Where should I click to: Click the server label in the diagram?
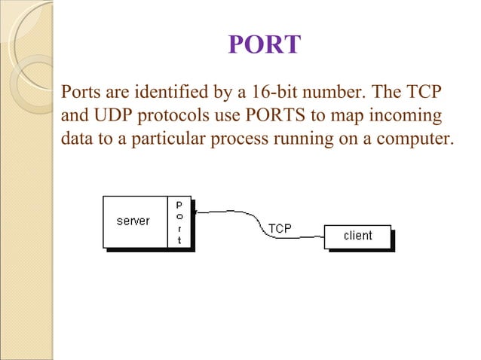tap(133, 221)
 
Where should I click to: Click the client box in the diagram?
tap(358, 236)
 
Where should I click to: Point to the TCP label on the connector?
tap(280, 227)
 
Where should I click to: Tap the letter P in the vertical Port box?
tap(179, 203)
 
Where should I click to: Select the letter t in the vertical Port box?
tap(179, 239)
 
